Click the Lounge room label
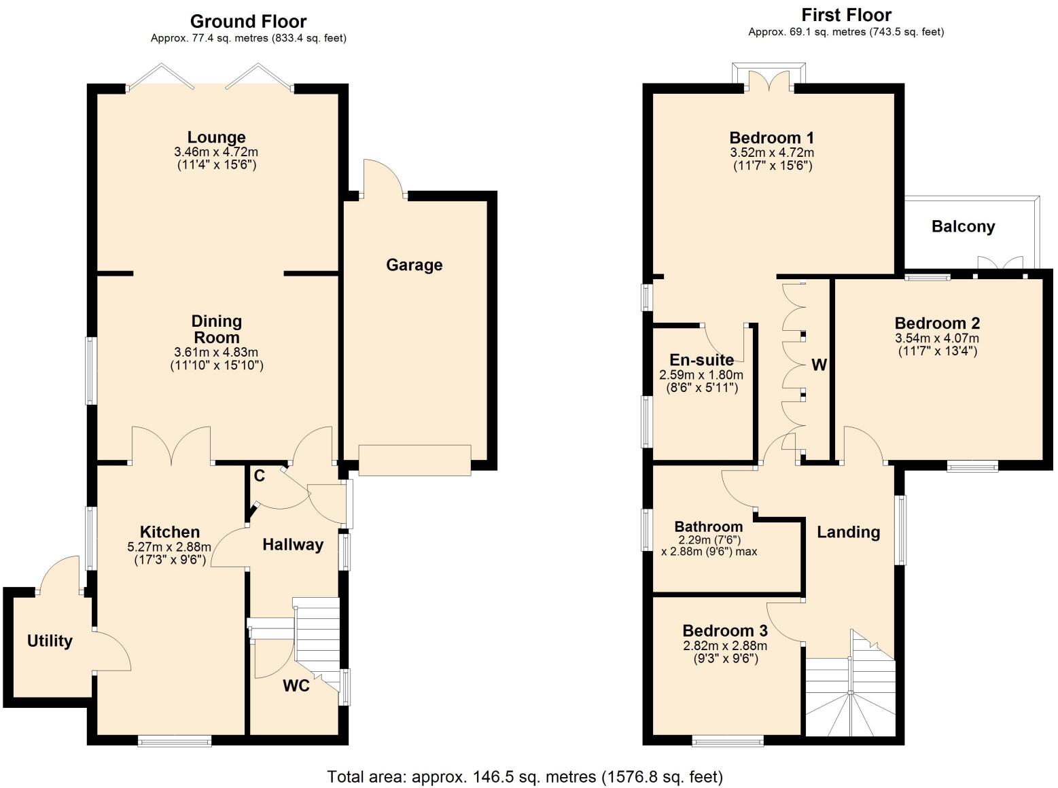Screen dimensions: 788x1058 216,138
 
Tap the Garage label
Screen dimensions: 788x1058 414,265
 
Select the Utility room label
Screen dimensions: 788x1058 50,641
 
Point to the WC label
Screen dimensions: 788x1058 296,686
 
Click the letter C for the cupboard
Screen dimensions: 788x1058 259,476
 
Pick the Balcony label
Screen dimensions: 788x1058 963,227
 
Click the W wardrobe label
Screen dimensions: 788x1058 819,365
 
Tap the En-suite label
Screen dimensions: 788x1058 701,360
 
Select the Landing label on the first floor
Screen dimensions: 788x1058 848,533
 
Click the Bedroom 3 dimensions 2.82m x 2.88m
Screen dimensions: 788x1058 725,646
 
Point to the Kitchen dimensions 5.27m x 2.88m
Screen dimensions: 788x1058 169,547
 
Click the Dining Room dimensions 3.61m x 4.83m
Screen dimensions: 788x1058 216,353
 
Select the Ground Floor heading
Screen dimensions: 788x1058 248,22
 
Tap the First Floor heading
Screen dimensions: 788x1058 846,15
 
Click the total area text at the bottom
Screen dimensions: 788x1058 525,776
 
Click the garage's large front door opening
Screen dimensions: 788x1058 415,460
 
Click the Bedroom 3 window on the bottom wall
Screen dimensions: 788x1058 727,741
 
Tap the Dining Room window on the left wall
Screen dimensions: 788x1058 90,371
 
